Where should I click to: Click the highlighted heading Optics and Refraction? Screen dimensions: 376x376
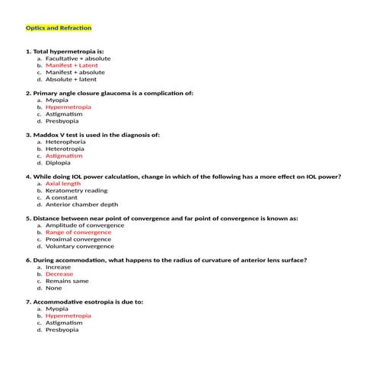click(x=59, y=28)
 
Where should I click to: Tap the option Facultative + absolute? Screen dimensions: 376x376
click(x=78, y=58)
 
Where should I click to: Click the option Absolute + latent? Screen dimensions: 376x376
click(x=71, y=79)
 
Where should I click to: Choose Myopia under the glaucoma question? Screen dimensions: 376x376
click(x=56, y=100)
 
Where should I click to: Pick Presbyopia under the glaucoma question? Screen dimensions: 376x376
click(x=62, y=121)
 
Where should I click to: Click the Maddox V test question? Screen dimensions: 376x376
click(x=93, y=135)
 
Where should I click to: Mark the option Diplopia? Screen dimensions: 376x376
click(x=58, y=162)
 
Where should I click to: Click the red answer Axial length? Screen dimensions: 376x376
click(x=63, y=183)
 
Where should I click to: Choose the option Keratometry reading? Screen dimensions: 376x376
click(x=76, y=190)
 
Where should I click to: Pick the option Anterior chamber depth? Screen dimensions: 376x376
click(x=81, y=204)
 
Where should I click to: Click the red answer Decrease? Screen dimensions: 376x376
click(x=59, y=274)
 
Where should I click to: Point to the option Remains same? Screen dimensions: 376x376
click(x=67, y=281)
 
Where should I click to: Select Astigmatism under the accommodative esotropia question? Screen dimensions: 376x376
click(x=65, y=323)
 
